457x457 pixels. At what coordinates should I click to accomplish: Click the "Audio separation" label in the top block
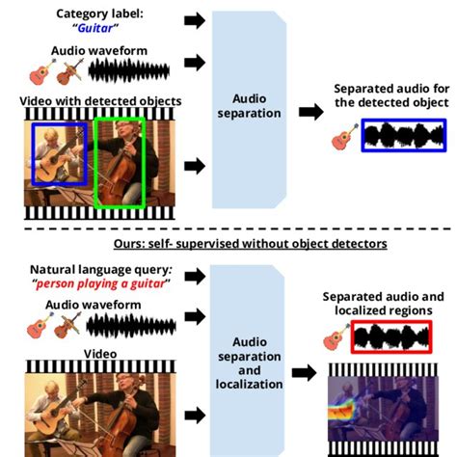click(x=256, y=105)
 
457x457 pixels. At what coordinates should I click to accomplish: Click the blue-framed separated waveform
click(x=403, y=135)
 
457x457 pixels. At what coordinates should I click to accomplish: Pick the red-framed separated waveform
click(x=391, y=337)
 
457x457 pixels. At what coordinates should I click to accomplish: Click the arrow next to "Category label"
click(x=194, y=20)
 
